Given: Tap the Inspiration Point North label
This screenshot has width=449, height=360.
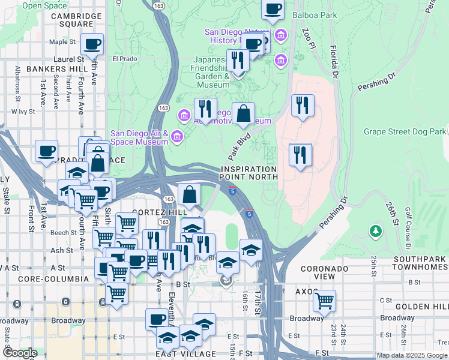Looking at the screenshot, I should point(248,173).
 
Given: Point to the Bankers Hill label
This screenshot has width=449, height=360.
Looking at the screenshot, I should point(57,69).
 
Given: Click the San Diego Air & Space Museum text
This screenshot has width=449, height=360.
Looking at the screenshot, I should point(139,137).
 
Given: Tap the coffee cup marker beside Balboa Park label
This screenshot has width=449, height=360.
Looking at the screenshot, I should point(273,9).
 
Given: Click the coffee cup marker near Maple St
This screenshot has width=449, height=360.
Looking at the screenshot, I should point(92,44).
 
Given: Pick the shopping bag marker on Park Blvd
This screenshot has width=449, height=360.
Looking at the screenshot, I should point(243,113).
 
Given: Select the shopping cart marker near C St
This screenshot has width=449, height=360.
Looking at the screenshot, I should point(324,300).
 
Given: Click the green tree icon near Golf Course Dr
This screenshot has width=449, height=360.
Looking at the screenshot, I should point(376,230).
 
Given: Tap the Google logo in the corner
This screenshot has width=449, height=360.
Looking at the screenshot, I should point(20,353).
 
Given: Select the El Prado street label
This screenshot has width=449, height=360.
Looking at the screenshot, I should point(125,59).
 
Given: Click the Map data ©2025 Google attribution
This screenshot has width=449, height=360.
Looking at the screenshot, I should point(411,355).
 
